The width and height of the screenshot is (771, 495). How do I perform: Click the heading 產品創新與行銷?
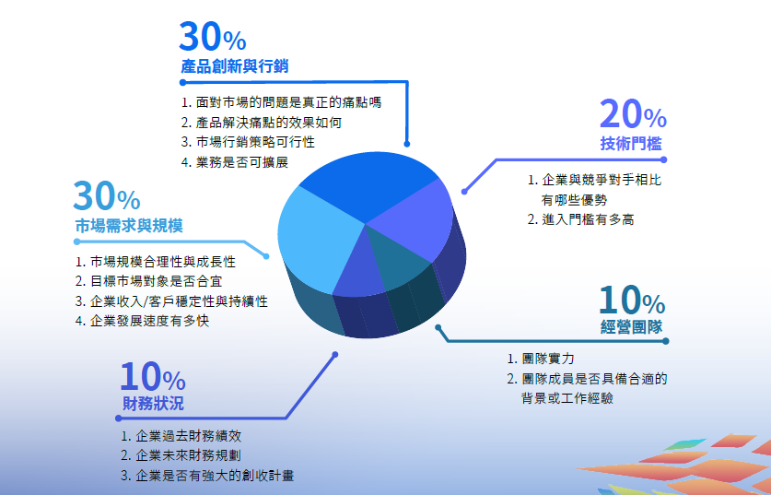pyautogui.click(x=235, y=66)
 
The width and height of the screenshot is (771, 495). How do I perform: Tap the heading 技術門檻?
pyautogui.click(x=631, y=144)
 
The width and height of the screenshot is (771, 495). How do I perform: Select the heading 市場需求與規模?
pyautogui.click(x=129, y=226)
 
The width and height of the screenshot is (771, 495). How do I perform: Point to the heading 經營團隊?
pyautogui.click(x=631, y=326)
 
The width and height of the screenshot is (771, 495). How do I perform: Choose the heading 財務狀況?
pyautogui.click(x=153, y=404)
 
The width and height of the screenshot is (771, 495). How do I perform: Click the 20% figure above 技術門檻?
pyautogui.click(x=634, y=114)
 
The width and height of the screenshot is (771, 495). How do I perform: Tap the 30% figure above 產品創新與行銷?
pyautogui.click(x=213, y=37)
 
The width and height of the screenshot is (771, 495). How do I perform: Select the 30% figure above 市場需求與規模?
pyautogui.click(x=107, y=195)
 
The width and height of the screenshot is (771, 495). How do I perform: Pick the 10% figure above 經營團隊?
pyautogui.click(x=632, y=300)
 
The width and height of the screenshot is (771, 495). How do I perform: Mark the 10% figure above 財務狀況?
pyautogui.click(x=153, y=376)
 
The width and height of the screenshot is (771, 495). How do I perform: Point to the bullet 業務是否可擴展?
pyautogui.click(x=235, y=162)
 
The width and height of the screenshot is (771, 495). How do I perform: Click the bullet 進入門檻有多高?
pyautogui.click(x=580, y=219)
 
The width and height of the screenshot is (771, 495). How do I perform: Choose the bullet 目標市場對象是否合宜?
pyautogui.click(x=149, y=281)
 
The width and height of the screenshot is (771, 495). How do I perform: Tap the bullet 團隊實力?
pyautogui.click(x=541, y=359)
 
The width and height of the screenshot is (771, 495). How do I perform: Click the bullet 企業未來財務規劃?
pyautogui.click(x=181, y=455)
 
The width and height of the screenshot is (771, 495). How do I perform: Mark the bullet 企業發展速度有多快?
pyautogui.click(x=143, y=321)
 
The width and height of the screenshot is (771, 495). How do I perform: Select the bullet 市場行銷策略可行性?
pyautogui.click(x=248, y=142)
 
